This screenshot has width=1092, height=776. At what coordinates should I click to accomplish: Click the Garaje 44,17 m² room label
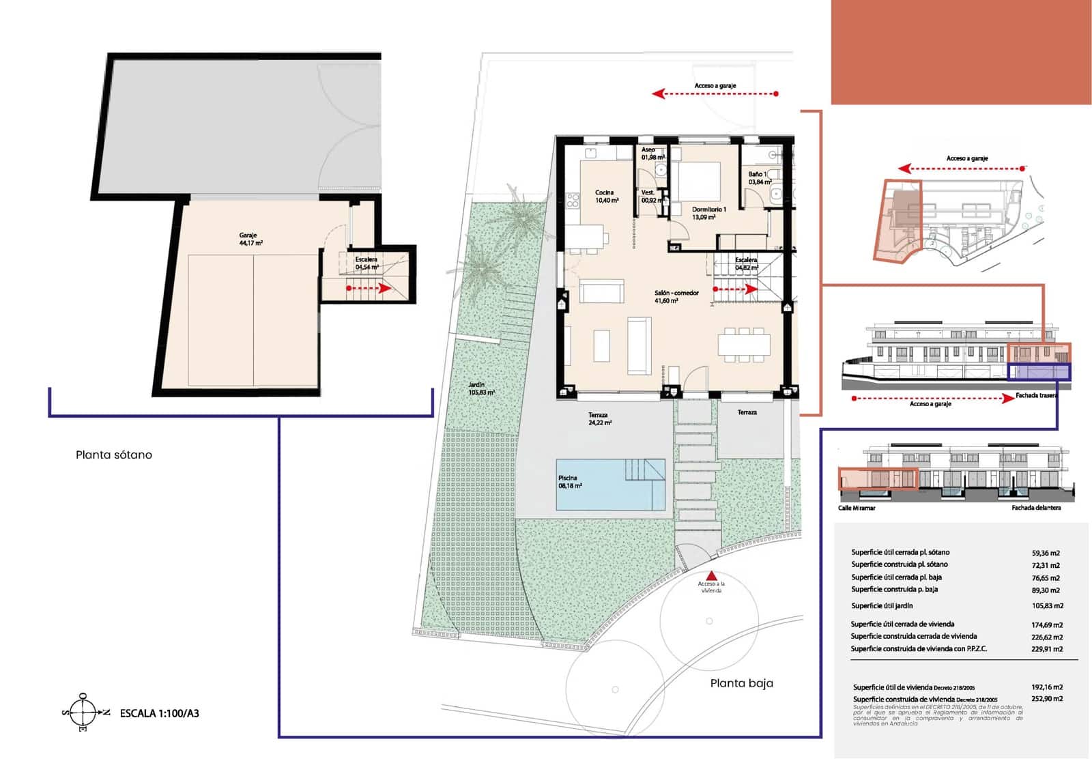pos(250,239)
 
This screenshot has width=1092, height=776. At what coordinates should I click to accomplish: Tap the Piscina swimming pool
pos(610,485)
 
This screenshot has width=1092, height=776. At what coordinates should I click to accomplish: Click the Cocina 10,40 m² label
pos(606,197)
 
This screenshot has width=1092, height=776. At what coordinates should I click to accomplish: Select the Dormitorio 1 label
pos(708,213)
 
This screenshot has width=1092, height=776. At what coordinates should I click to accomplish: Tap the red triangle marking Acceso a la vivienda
pos(711,575)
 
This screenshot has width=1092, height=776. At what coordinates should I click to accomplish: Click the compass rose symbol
pos(83,712)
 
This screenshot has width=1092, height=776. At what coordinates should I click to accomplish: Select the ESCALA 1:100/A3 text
pos(160,713)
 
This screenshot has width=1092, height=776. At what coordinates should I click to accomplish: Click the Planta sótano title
pos(114,455)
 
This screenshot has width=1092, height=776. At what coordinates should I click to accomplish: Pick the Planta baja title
pos(741,683)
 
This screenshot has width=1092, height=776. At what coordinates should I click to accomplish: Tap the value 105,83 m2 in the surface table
pos(1047,605)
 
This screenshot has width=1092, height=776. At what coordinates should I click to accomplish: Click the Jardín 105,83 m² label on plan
pos(481,389)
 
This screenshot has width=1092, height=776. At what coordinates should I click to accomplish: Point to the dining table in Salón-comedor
pos(743,344)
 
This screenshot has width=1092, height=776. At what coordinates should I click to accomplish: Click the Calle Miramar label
pos(857,508)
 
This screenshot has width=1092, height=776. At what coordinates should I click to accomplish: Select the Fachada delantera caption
pos(1035,508)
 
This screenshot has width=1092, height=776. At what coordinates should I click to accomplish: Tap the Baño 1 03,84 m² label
pos(760,178)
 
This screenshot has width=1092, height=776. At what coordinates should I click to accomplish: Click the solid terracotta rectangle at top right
pos(961,52)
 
